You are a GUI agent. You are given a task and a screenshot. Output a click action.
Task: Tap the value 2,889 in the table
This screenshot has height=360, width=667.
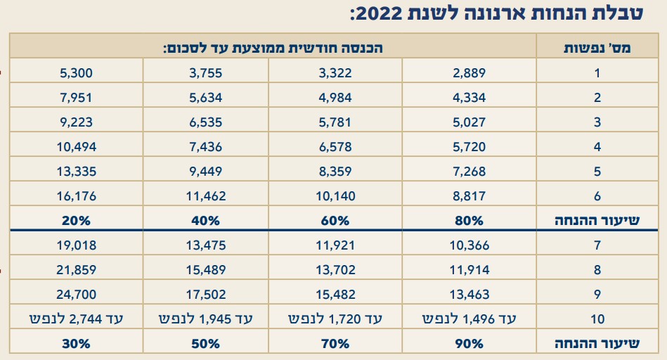click(x=470, y=73)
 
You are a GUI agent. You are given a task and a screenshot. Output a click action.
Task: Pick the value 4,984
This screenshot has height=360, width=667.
click(x=335, y=98)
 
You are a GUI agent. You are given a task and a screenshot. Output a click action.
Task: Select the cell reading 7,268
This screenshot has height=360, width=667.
click(x=470, y=172)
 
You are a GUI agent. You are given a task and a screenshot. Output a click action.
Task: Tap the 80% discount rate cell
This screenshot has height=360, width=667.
click(x=470, y=220)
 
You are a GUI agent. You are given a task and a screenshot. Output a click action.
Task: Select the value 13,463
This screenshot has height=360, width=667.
click(x=470, y=295)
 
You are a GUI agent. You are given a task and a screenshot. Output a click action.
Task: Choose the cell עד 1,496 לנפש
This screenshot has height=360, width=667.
click(x=470, y=319)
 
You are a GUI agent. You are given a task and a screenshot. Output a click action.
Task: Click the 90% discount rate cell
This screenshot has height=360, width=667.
click(x=470, y=344)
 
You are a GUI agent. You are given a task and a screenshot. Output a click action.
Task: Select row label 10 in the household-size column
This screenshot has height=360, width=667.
click(x=597, y=319)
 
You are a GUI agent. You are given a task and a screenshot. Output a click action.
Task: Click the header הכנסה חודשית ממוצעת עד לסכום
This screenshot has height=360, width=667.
click(x=273, y=47)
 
